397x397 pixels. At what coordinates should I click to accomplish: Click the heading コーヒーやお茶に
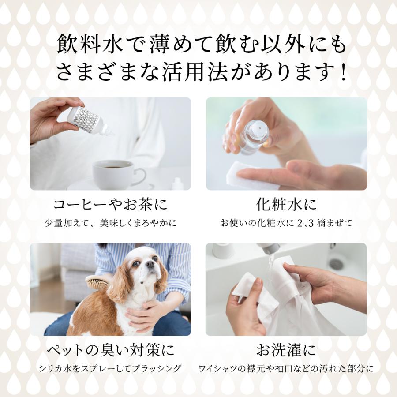pyautogui.click(x=110, y=205)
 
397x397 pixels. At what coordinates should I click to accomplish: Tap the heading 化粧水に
pyautogui.click(x=286, y=205)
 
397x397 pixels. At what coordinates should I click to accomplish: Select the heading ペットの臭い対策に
pyautogui.click(x=110, y=350)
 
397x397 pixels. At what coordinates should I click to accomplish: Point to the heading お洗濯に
pyautogui.click(x=286, y=350)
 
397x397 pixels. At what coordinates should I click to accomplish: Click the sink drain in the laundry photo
pyautogui.click(x=336, y=264)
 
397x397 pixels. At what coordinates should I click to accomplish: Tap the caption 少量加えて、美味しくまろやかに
pyautogui.click(x=110, y=223)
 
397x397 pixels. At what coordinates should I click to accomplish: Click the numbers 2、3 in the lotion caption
pyautogui.click(x=309, y=223)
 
